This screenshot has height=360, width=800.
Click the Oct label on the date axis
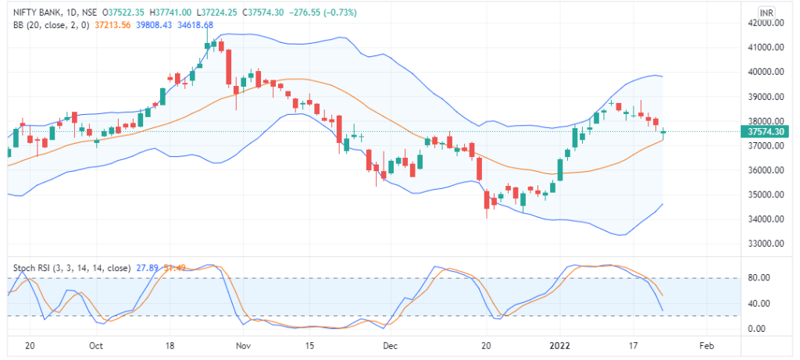(97, 344)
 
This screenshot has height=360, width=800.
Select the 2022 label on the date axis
(559, 344)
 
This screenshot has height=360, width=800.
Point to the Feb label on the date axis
(706, 344)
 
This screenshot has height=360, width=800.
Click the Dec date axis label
(390, 344)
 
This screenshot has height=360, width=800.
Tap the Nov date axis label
(244, 344)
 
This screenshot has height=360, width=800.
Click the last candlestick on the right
(663, 134)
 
